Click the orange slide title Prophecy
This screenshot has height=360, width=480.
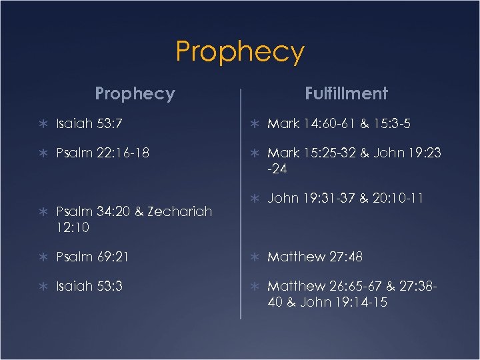point(240,51)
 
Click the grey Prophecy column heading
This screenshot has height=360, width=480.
point(135,93)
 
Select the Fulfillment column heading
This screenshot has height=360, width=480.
point(346,93)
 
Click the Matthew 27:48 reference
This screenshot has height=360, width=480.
point(315,257)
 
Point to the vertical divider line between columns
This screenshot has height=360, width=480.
point(240,200)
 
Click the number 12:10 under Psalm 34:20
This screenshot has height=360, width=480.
point(73,227)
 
